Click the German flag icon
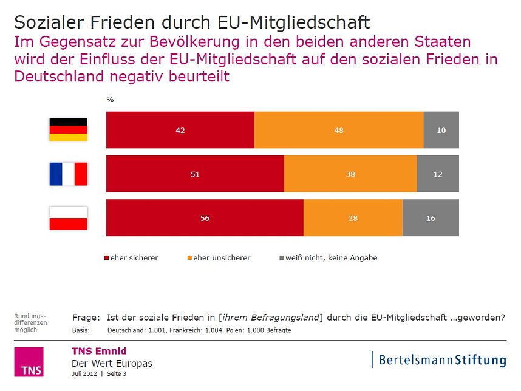point(68,130)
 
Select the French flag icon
point(68,174)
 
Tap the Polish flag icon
point(68,218)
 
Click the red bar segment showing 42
point(180,130)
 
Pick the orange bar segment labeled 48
point(338,130)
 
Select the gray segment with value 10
point(441,130)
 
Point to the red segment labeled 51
point(195,174)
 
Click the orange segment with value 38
point(350,174)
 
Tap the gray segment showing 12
point(437,174)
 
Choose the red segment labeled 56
point(205,218)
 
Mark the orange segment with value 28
point(353,218)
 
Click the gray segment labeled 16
point(431,218)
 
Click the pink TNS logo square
point(29,362)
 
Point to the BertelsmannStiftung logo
point(439,359)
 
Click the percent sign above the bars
point(110,100)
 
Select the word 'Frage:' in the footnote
point(85,317)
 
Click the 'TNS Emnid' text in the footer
point(99,351)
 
